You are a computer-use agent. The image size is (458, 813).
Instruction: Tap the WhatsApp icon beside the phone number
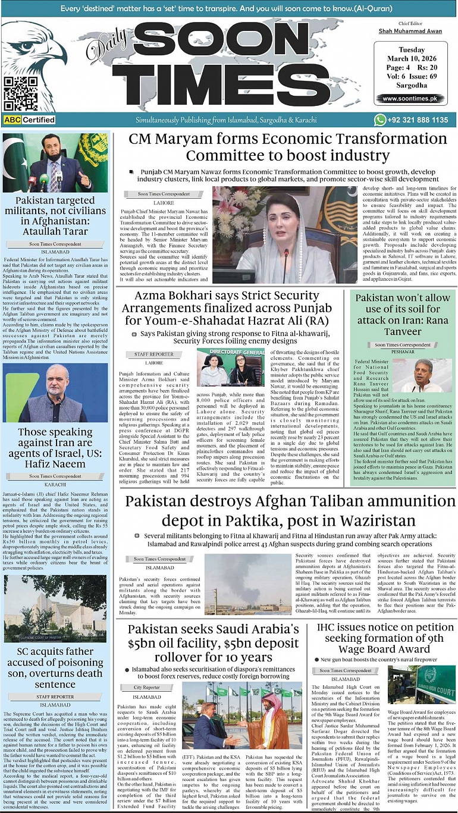pyautogui.click(x=380, y=120)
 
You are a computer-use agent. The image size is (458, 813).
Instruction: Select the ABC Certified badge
pyautogui.click(x=29, y=120)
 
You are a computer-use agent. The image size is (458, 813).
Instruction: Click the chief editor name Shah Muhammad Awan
pyautogui.click(x=409, y=31)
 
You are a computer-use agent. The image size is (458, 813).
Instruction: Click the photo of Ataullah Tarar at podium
pyautogui.click(x=55, y=163)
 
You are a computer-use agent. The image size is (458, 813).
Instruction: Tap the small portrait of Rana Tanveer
pyautogui.click(x=424, y=375)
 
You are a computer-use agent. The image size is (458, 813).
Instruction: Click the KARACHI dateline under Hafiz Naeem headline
pyautogui.click(x=55, y=485)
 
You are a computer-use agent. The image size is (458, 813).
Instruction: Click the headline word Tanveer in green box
pyautogui.click(x=403, y=332)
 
